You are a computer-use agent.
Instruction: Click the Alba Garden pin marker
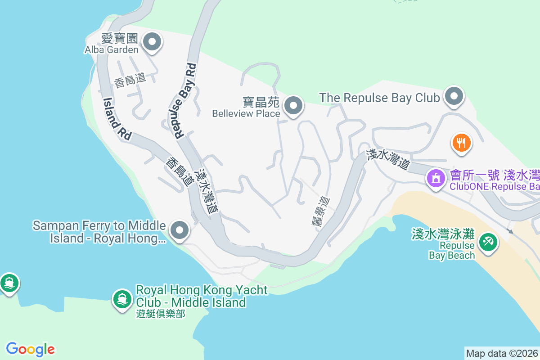click(152, 42)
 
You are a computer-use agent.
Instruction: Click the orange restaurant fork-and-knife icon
click(461, 143)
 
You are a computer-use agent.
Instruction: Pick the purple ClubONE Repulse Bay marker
click(435, 178)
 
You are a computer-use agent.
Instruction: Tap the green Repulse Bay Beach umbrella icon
click(487, 243)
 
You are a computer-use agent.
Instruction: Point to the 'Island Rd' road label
click(117, 119)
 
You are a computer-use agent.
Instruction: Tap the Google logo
click(30, 349)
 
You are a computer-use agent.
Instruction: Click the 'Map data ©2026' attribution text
click(502, 353)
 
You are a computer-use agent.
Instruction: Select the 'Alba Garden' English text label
click(112, 49)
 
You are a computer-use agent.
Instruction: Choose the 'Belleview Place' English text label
click(246, 113)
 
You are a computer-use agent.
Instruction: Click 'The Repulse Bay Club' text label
click(379, 98)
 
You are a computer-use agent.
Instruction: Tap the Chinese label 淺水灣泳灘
click(443, 234)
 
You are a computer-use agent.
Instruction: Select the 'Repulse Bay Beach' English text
click(451, 251)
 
